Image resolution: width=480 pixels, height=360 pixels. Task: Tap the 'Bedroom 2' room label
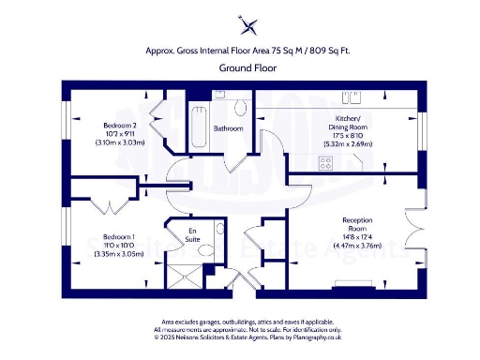(x=121, y=126)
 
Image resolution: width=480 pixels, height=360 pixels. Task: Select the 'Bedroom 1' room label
(x=119, y=236)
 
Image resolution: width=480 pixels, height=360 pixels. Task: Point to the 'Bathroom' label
(x=229, y=127)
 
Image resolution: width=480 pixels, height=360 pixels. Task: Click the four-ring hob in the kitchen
(x=327, y=162)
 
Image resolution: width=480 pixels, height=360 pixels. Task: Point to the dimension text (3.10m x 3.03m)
(x=121, y=143)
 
